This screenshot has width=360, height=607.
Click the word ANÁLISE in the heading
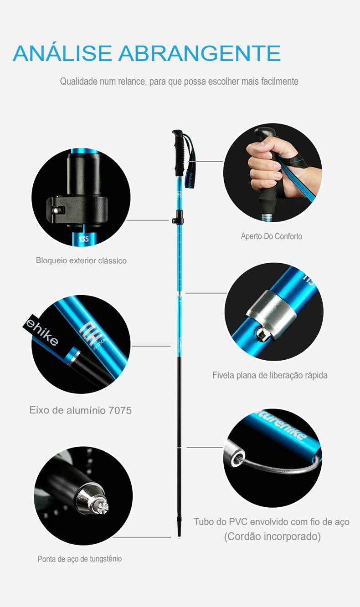point(62,53)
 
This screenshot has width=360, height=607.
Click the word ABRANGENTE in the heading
point(200,53)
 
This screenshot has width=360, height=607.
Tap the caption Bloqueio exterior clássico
point(81,260)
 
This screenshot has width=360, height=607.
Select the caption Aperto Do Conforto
point(271,236)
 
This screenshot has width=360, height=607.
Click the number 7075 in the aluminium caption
point(120,410)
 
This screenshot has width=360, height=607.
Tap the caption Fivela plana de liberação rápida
point(270,375)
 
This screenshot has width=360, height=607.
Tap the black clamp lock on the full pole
point(178,218)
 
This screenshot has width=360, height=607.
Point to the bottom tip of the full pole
point(179,536)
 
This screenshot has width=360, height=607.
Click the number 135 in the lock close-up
point(84,239)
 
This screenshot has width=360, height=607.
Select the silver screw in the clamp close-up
point(57,210)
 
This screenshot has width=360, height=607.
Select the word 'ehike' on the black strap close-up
point(42,332)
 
